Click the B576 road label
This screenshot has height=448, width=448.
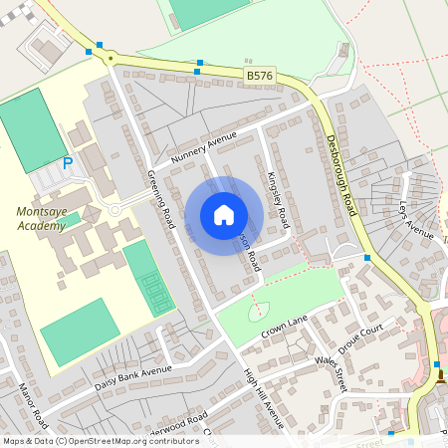tap(258, 75)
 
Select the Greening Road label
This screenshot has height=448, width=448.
tap(161, 198)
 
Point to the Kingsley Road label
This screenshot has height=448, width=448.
tap(278, 197)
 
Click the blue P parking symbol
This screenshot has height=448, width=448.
tap(68, 163)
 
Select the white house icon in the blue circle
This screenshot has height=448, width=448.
tap(224, 215)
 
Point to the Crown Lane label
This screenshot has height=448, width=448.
tap(283, 328)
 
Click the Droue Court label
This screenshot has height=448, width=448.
tap(361, 336)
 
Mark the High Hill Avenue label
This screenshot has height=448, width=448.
tap(264, 398)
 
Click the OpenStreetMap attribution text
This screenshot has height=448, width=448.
tap(101, 440)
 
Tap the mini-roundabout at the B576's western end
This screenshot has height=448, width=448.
tap(108, 58)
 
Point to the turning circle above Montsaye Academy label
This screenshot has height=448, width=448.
tap(114, 210)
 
